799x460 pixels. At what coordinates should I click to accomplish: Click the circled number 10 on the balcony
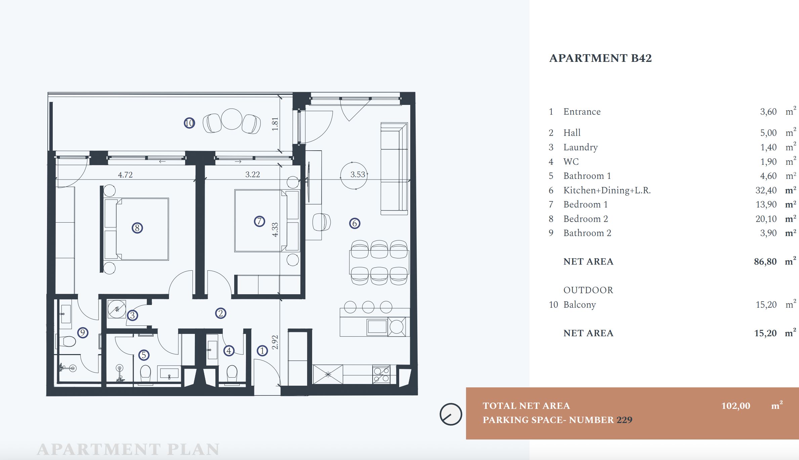189,123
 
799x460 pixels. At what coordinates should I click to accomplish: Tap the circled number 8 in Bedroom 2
137,228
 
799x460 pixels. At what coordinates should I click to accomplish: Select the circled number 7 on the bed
259,221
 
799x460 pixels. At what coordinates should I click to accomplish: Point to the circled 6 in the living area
354,223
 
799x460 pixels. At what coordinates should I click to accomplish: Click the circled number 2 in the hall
220,313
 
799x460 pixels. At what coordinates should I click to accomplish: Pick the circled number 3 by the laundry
132,315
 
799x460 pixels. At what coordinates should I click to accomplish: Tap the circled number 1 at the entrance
262,351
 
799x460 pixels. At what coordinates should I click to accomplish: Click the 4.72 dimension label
125,175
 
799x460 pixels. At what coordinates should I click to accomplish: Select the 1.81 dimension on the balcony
275,124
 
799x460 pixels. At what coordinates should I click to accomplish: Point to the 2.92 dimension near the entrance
275,342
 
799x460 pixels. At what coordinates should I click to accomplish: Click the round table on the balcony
232,119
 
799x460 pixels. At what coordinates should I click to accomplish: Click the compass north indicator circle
451,414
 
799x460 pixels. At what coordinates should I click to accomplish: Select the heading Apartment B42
600,58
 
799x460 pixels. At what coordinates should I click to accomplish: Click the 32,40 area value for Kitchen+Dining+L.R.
766,190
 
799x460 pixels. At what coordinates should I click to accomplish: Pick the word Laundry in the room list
581,147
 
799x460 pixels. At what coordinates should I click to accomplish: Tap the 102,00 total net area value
736,406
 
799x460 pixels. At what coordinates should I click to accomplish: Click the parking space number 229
624,420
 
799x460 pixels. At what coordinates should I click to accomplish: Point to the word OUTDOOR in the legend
588,290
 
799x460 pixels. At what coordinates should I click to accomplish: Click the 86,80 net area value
765,262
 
